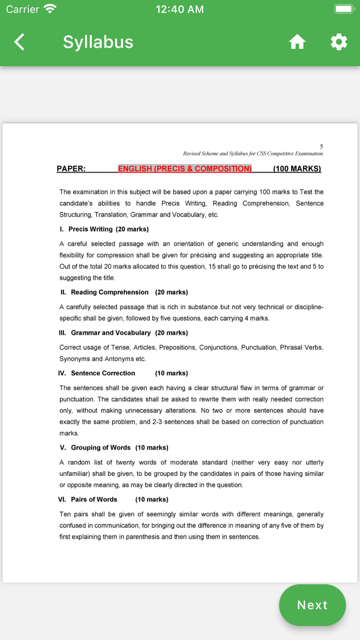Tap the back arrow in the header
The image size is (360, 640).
[19, 42]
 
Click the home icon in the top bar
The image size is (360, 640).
[297, 42]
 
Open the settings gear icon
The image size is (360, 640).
[338, 42]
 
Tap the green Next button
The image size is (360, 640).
[312, 605]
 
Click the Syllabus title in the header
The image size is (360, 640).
[98, 42]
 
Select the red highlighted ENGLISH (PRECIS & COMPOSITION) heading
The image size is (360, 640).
[185, 169]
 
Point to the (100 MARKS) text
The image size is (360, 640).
[297, 169]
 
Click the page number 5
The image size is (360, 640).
[321, 147]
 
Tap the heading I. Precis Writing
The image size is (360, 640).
[104, 229]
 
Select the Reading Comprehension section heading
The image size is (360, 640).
[110, 292]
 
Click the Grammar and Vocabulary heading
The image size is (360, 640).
[111, 333]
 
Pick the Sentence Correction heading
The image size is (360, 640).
[103, 373]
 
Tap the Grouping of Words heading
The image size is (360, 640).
[101, 448]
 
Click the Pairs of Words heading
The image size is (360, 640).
[94, 500]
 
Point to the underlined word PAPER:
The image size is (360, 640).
[71, 169]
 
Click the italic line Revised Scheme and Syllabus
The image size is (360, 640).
[253, 153]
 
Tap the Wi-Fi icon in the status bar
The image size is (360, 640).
[50, 9]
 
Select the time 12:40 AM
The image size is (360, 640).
[179, 9]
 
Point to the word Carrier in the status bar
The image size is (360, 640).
[23, 9]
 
